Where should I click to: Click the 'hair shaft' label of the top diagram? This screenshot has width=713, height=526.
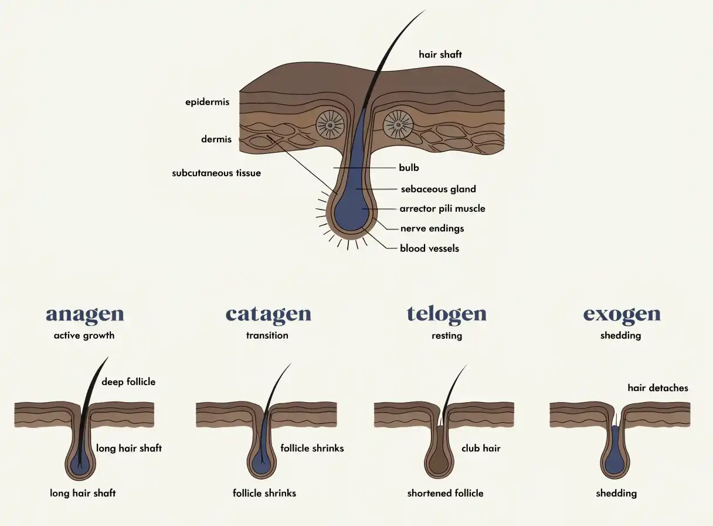pyautogui.click(x=440, y=55)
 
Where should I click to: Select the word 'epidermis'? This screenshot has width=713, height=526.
pyautogui.click(x=207, y=102)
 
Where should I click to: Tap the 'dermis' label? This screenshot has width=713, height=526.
pyautogui.click(x=216, y=139)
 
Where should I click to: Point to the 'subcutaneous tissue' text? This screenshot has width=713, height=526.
pyautogui.click(x=216, y=173)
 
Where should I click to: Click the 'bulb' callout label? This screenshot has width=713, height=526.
pyautogui.click(x=409, y=167)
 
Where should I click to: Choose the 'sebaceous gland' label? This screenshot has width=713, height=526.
pyautogui.click(x=439, y=189)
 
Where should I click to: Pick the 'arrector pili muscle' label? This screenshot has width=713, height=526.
pyautogui.click(x=443, y=208)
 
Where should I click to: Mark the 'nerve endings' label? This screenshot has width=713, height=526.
pyautogui.click(x=432, y=228)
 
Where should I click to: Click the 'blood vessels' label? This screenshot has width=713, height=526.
pyautogui.click(x=429, y=248)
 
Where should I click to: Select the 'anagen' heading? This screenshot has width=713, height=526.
pyautogui.click(x=84, y=315)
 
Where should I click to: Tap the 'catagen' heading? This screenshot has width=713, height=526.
pyautogui.click(x=268, y=315)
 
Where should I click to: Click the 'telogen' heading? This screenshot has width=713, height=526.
pyautogui.click(x=447, y=315)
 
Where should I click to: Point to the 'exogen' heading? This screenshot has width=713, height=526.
pyautogui.click(x=622, y=315)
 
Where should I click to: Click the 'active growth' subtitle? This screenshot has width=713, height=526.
pyautogui.click(x=84, y=335)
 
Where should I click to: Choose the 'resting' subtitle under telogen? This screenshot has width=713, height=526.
pyautogui.click(x=447, y=336)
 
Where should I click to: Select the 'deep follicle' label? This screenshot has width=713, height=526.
pyautogui.click(x=128, y=382)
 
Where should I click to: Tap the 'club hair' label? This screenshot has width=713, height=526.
pyautogui.click(x=481, y=449)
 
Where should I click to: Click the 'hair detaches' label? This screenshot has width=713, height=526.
pyautogui.click(x=658, y=387)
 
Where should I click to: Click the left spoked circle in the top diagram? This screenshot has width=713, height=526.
pyautogui.click(x=330, y=125)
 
